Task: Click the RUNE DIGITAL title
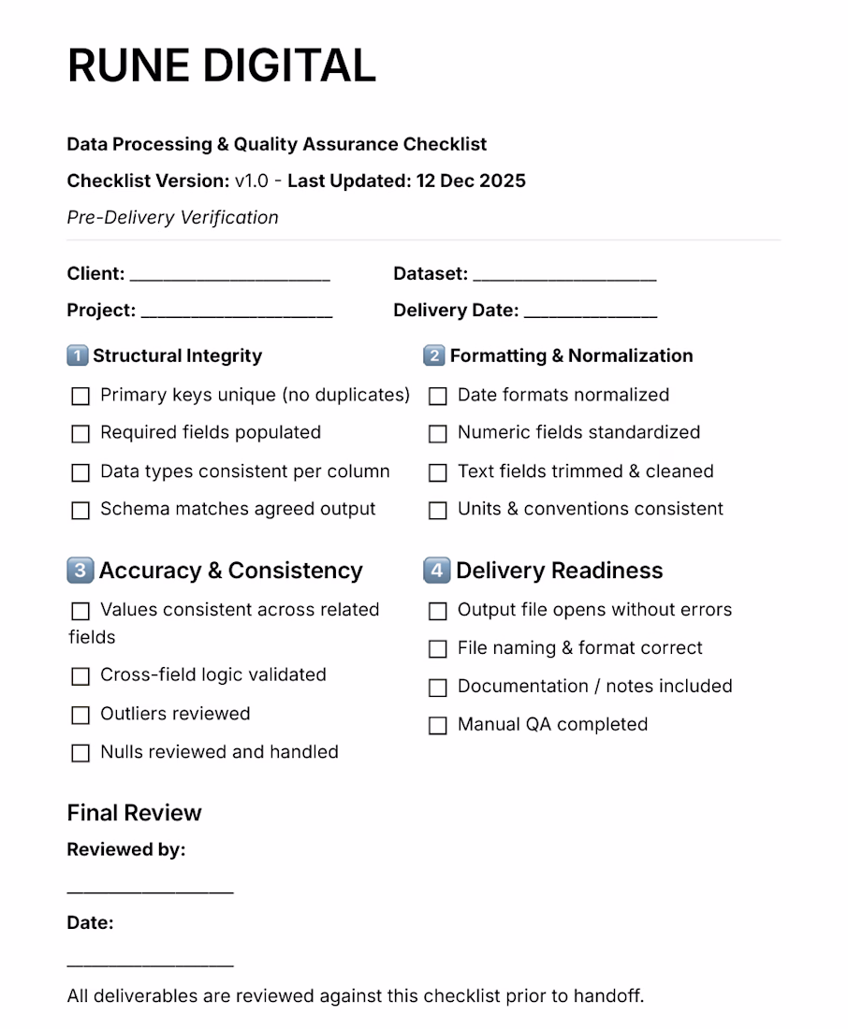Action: (222, 65)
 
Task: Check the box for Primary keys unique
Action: (80, 397)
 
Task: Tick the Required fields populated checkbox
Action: (80, 434)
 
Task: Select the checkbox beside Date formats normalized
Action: (437, 397)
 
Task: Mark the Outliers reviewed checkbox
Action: (80, 716)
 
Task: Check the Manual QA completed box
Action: (437, 726)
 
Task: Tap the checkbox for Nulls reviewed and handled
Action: (80, 753)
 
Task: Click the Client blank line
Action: (230, 278)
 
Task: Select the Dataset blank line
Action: (564, 278)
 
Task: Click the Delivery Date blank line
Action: (591, 315)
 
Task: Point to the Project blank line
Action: (237, 315)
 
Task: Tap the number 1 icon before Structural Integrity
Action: (78, 355)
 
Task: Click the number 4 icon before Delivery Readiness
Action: (436, 571)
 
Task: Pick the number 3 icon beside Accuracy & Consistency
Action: (80, 571)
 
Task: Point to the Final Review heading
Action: (134, 813)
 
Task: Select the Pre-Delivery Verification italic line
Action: (172, 217)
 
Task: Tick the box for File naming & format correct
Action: (437, 649)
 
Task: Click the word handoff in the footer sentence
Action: (610, 995)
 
